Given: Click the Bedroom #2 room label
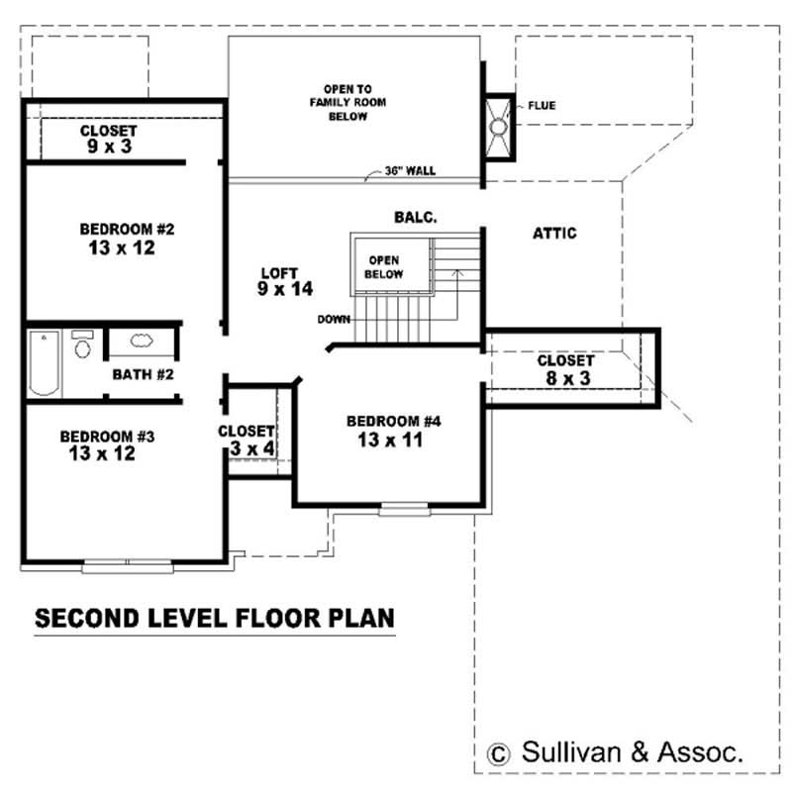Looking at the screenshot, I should [x=127, y=230].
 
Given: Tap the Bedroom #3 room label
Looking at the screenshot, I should [x=107, y=436].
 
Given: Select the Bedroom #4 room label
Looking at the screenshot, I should [x=393, y=422].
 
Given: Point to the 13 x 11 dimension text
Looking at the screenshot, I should [x=392, y=441].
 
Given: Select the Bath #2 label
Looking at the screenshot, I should [x=143, y=375].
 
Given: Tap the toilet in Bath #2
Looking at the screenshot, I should [x=82, y=346].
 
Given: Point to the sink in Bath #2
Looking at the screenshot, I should [x=141, y=342].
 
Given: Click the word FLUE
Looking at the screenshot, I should [x=542, y=105].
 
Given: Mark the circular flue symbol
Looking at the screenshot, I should [x=499, y=127].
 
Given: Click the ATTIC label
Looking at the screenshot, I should [x=554, y=234].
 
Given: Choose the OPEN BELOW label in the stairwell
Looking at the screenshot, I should [x=383, y=267].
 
